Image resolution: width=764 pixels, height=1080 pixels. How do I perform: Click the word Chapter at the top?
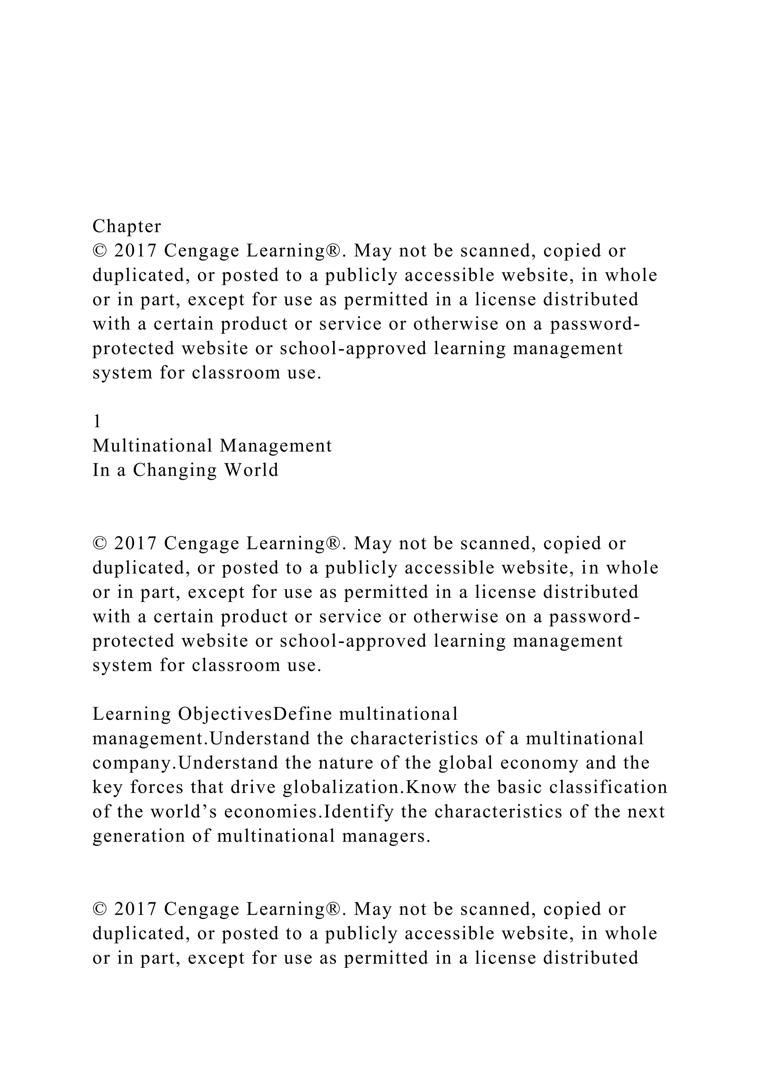click(x=126, y=227)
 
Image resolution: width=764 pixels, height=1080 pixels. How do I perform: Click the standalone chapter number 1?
click(x=97, y=422)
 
